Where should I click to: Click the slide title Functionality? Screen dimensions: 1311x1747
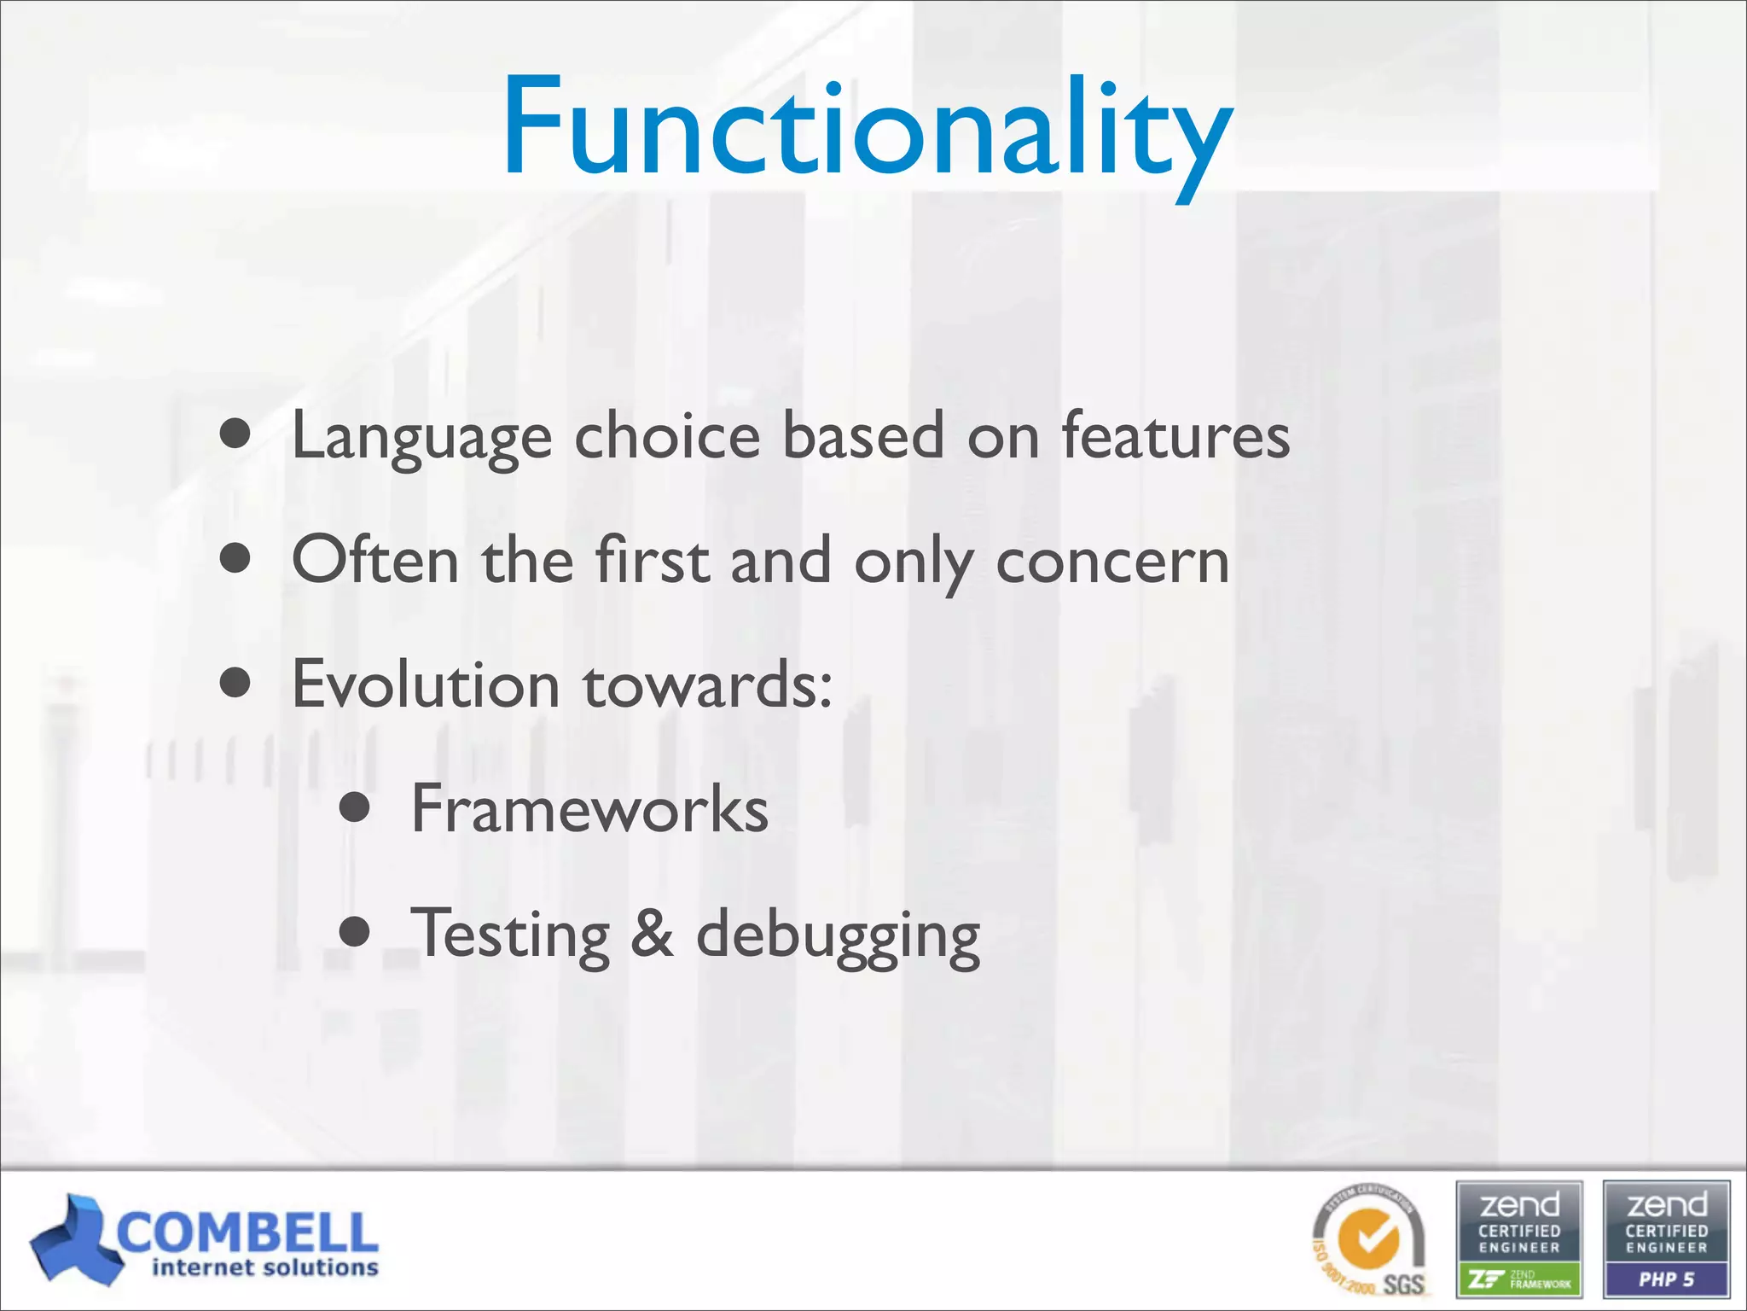(867, 128)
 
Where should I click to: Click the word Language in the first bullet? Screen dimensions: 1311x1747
(421, 437)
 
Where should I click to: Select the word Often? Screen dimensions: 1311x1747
(375, 560)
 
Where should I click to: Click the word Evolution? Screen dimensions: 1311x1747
(426, 685)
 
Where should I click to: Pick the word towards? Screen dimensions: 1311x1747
(708, 685)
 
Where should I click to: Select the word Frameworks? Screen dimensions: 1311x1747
(589, 809)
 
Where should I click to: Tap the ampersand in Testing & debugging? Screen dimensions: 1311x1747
(653, 933)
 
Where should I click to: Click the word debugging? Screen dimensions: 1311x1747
(838, 935)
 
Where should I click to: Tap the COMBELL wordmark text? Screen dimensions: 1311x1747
(247, 1232)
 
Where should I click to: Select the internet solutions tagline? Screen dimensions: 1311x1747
(264, 1268)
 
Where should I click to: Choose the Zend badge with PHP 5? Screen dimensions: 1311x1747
(1666, 1239)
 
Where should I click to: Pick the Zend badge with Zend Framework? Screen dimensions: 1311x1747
(1519, 1239)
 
